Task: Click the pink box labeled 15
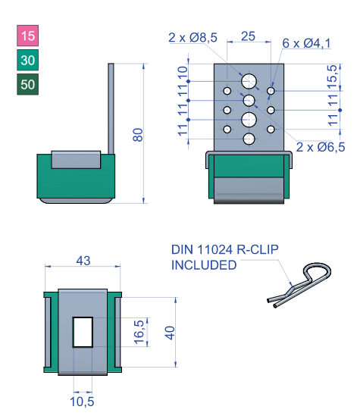click(28, 36)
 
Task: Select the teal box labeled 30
click(28, 60)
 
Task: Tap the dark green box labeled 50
click(28, 84)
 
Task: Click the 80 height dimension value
click(138, 134)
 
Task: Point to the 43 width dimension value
click(83, 261)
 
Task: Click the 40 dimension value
click(170, 332)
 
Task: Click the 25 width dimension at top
click(247, 36)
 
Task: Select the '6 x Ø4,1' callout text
click(307, 43)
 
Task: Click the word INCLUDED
click(204, 265)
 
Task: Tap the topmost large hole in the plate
click(249, 81)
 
